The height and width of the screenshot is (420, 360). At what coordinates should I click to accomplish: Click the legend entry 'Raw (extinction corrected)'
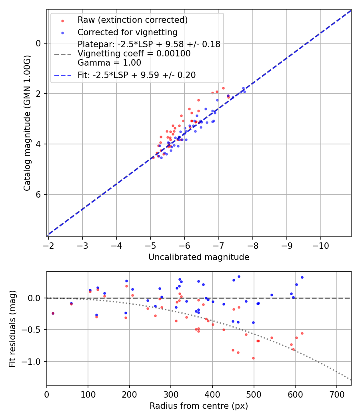[132, 20]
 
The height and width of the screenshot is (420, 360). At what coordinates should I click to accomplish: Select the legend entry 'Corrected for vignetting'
[127, 32]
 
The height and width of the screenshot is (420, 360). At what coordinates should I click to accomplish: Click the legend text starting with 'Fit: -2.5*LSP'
[136, 75]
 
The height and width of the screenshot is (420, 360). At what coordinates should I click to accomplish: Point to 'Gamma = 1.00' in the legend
[109, 62]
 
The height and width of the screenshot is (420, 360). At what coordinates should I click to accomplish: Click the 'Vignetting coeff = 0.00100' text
[134, 54]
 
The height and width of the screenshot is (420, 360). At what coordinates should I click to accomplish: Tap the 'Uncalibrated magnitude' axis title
[199, 257]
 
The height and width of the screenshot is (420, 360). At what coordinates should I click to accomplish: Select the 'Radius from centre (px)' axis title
[199, 406]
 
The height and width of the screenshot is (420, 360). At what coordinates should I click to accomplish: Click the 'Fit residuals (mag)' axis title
[12, 329]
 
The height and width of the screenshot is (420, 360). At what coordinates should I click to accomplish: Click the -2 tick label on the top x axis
[48, 245]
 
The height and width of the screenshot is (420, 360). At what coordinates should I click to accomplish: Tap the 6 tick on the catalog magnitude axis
[39, 194]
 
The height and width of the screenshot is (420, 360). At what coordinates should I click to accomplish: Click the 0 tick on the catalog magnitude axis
[39, 43]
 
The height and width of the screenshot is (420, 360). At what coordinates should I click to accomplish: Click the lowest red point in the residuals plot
[253, 358]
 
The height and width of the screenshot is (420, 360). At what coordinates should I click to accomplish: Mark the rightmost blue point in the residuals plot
[302, 277]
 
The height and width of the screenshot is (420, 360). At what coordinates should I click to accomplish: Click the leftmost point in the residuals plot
[53, 313]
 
